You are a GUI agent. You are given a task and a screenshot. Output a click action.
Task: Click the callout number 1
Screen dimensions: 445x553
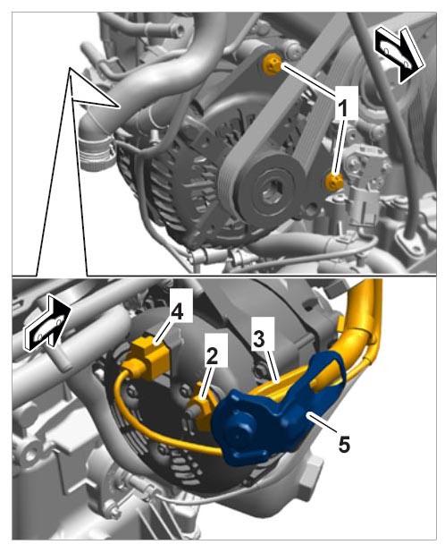click(x=341, y=107)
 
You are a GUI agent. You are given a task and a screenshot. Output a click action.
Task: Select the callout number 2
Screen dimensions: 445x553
click(x=212, y=358)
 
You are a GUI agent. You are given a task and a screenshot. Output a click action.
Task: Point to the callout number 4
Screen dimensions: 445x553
click(x=177, y=311)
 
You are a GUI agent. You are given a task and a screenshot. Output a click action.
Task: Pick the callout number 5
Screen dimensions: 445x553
click(x=344, y=445)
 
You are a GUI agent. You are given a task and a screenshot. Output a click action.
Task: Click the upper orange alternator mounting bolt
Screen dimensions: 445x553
click(x=272, y=64)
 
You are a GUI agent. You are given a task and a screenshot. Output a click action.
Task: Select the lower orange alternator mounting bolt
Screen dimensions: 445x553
click(x=333, y=181)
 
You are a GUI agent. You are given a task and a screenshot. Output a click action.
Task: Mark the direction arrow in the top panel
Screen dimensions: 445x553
click(x=398, y=55)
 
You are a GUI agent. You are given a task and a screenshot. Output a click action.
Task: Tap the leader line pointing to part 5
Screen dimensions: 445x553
click(x=321, y=423)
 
